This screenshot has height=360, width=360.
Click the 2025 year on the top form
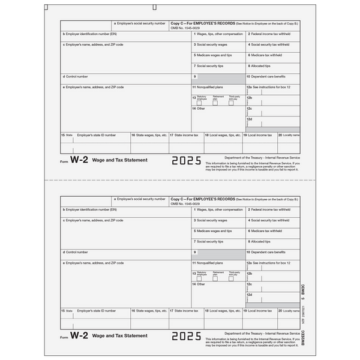pos(186,161)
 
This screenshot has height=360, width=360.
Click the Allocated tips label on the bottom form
pos(260,241)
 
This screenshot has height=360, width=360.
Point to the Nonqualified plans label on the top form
pos(208,87)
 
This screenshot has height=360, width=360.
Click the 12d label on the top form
pos(250,120)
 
